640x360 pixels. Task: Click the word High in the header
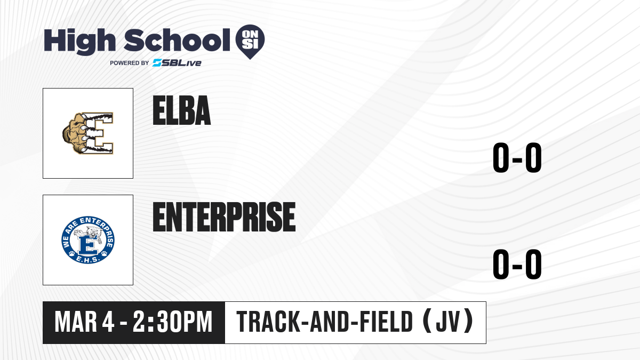pos(79,41)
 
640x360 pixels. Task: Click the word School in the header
pos(177,40)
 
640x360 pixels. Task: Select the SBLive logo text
pos(177,63)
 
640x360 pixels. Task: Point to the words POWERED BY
pos(130,63)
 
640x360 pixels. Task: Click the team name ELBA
pos(182,110)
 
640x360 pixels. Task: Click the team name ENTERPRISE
pos(225,217)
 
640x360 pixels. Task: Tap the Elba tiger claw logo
pos(87,133)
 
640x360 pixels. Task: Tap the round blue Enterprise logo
pos(88,239)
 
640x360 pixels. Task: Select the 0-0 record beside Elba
pos(517,157)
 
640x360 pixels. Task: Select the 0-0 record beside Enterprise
pos(517,264)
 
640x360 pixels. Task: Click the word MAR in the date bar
pos(76,322)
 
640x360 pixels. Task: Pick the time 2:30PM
pos(172,322)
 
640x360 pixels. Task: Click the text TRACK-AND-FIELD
pos(325,322)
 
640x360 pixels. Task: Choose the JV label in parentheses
pos(449,322)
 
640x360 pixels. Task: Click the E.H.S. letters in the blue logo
pos(88,259)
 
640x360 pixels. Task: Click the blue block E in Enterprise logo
pos(88,246)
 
